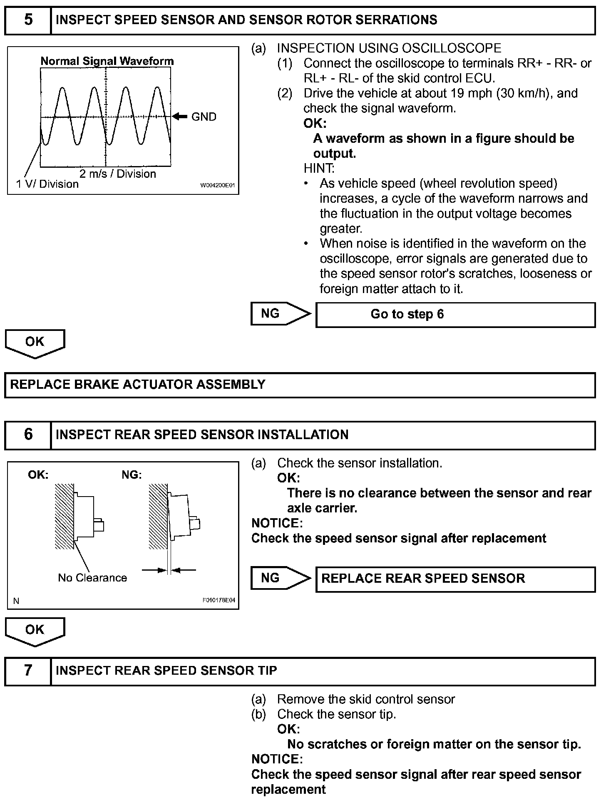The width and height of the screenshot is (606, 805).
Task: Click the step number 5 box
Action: pos(28,20)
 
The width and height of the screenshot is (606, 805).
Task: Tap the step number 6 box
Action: pos(28,435)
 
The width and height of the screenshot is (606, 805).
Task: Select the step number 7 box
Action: pos(28,670)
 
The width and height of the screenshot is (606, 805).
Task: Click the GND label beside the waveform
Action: pos(204,117)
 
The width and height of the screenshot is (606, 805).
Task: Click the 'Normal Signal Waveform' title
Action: pos(107,61)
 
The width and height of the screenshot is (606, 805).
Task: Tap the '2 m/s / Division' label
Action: pos(117,174)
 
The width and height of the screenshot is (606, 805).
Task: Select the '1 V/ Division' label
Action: pos(47,184)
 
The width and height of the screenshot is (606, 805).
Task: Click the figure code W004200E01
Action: pos(218,185)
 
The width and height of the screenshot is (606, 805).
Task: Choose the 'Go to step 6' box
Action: pos(455,315)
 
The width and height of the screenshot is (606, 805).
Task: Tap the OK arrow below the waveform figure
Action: pos(35,343)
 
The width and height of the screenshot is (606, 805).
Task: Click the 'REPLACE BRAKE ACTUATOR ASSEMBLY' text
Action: pos(138,384)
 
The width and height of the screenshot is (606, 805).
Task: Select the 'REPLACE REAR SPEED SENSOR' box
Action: pos(455,579)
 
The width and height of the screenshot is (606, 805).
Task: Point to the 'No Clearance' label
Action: pos(92,578)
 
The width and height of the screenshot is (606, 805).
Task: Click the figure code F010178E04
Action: pos(219,600)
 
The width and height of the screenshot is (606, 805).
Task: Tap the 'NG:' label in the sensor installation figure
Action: pos(132,475)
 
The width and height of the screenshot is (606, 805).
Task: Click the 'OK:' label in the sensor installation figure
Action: pos(38,475)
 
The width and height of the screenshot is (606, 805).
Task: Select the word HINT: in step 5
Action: pos(319,169)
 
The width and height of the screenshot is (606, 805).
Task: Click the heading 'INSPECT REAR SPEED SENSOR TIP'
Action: pos(166,671)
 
